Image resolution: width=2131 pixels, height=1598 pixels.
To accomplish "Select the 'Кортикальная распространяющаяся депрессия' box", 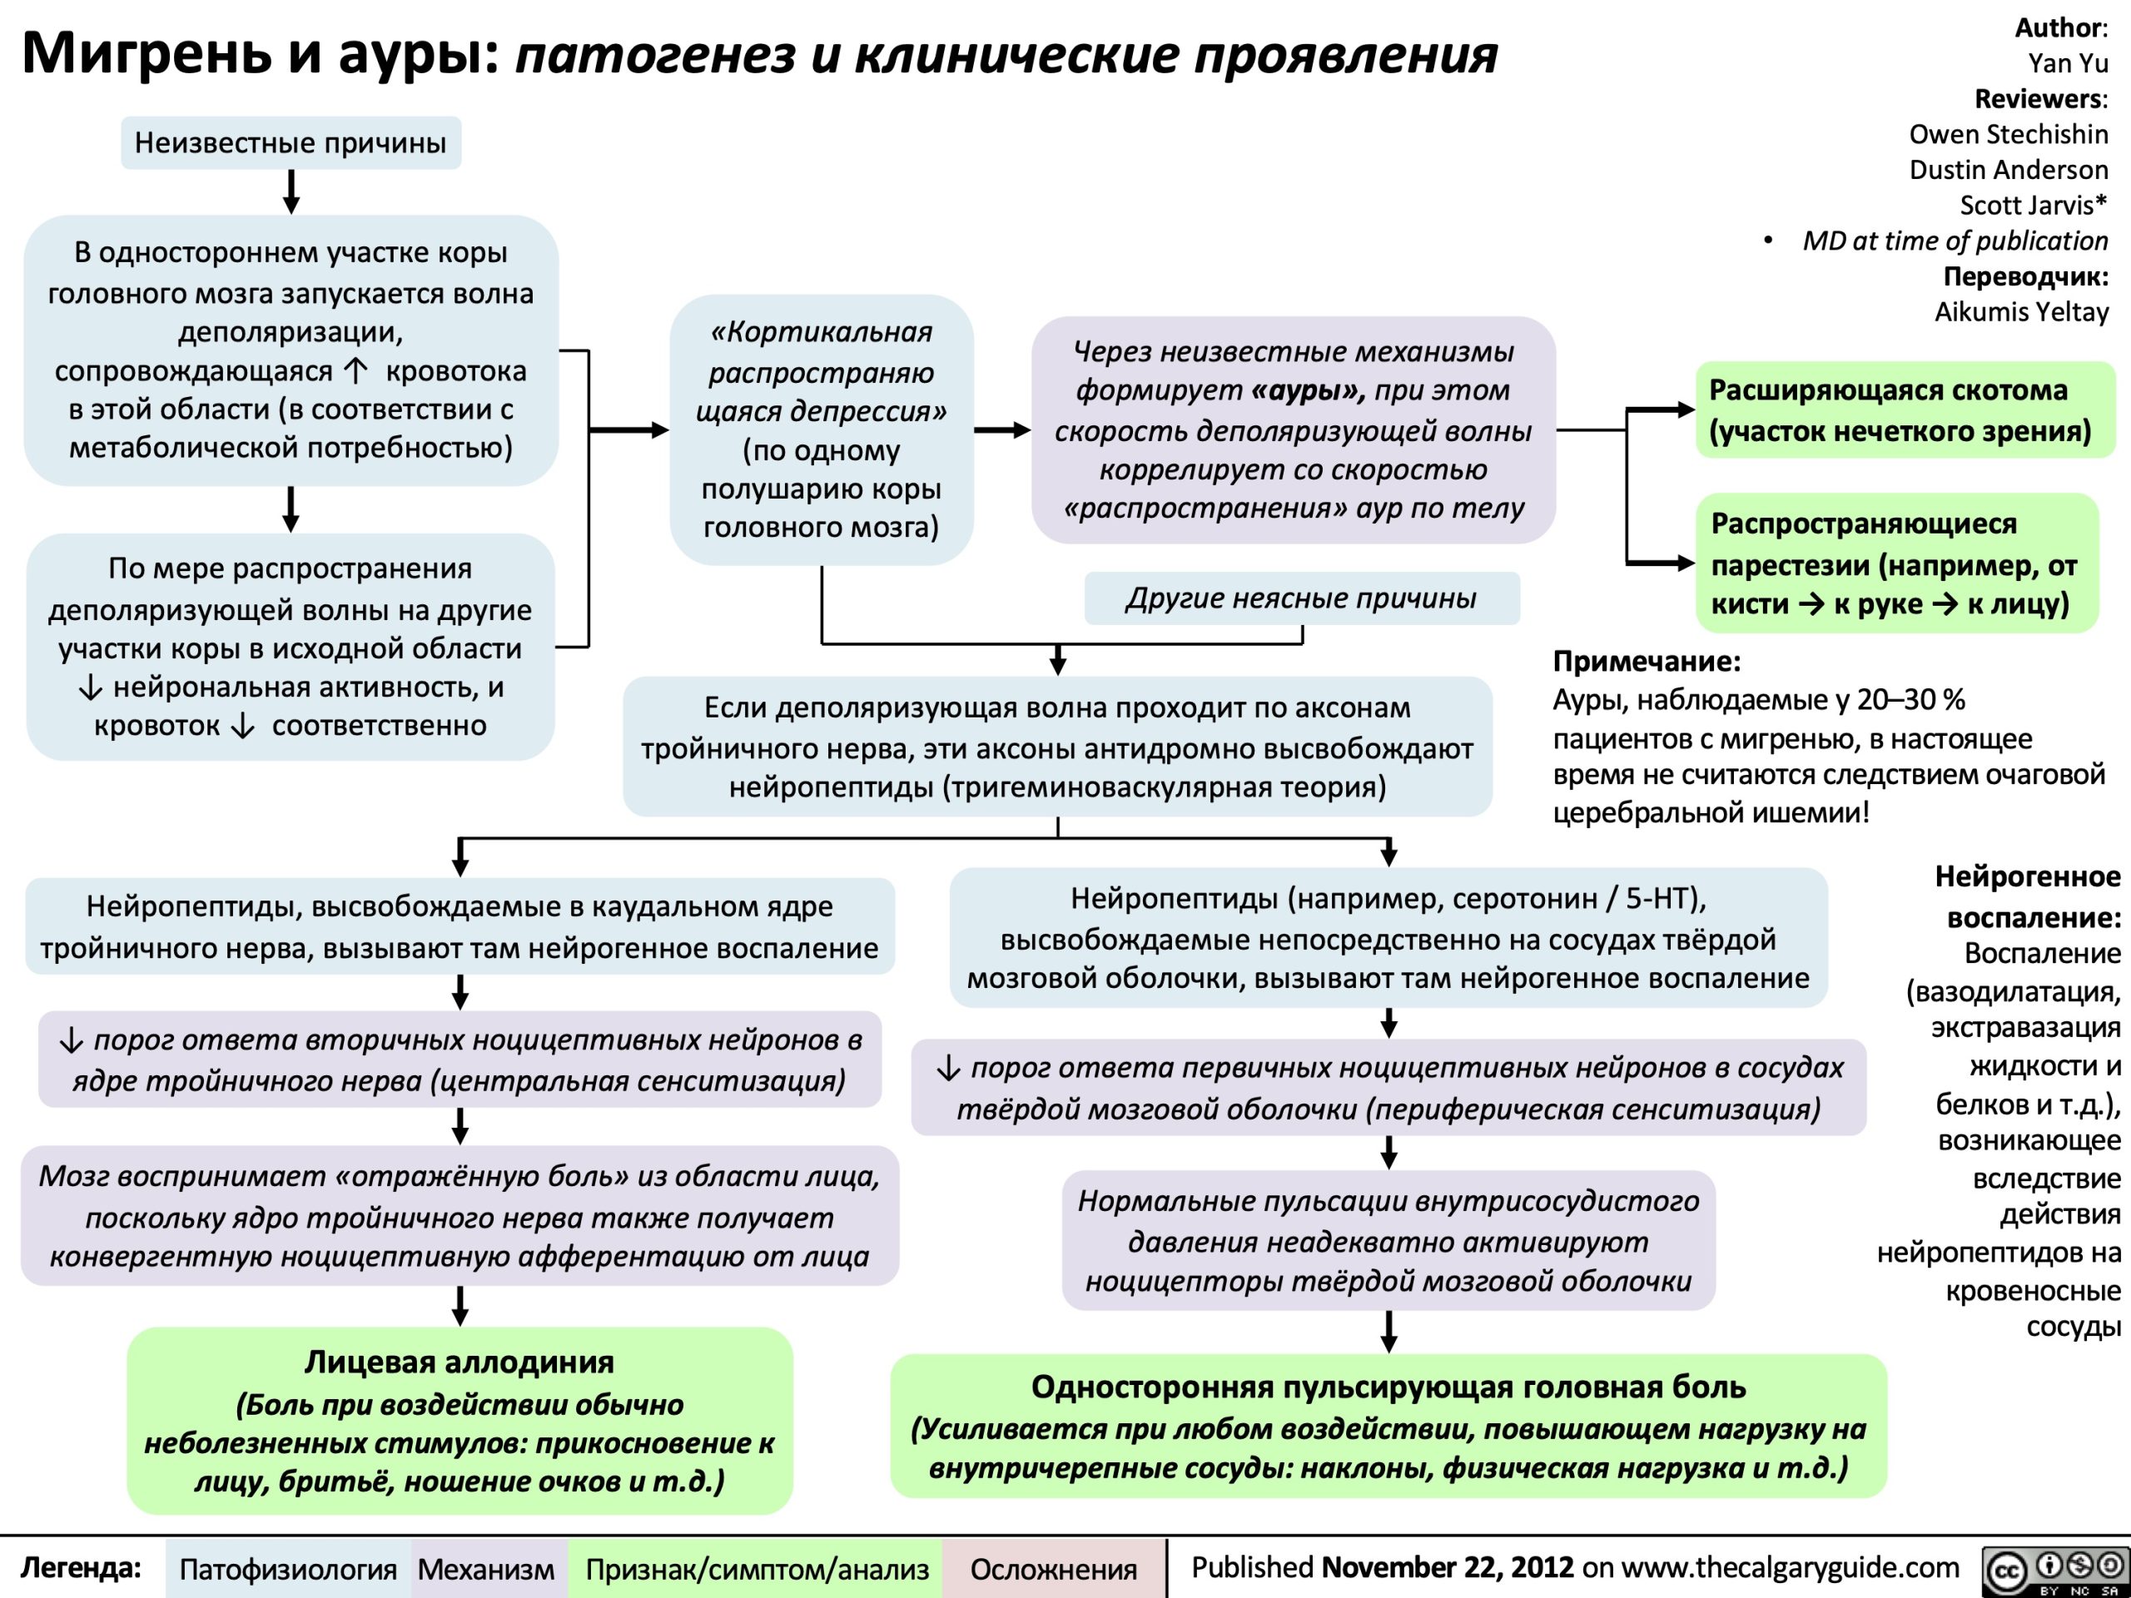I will pos(821,429).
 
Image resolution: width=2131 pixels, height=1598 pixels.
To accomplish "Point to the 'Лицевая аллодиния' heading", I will pos(459,1361).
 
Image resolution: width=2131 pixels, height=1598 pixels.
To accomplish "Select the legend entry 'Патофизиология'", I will pos(288,1568).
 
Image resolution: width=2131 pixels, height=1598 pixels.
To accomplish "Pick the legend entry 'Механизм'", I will pos(486,1568).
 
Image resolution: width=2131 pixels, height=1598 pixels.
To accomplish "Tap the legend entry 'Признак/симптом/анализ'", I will pos(758,1568).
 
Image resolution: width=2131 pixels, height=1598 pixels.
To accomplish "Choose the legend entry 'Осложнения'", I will pos(1054,1568).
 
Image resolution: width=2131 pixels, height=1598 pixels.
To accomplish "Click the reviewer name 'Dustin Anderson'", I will pos(2009,170).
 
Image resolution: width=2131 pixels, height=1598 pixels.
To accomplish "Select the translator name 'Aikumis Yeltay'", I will pos(2021,311).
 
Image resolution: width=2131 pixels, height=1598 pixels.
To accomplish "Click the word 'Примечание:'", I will pos(1647,661).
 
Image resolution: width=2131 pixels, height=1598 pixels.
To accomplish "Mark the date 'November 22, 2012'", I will pos(1447,1566).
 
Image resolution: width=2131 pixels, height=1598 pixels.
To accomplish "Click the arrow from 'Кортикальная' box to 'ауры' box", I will pos(1002,429).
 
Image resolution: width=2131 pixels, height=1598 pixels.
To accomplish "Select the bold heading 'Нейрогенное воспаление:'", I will pos(2027,896).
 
